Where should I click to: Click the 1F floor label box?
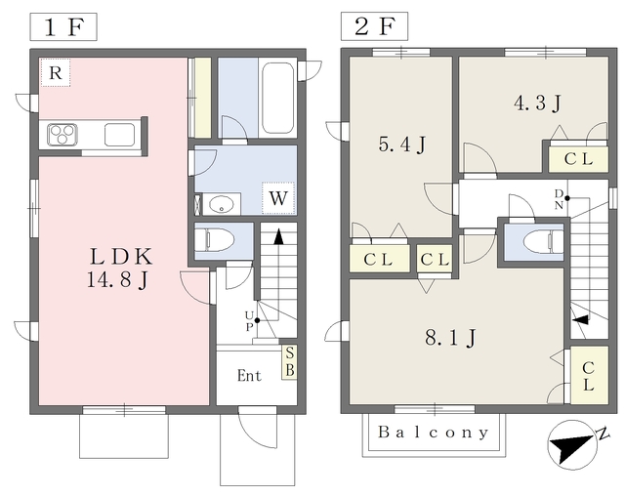pyautogui.click(x=63, y=26)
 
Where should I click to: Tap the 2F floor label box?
pyautogui.click(x=374, y=26)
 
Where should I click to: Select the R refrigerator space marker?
pyautogui.click(x=56, y=72)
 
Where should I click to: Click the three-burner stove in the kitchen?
pyautogui.click(x=62, y=135)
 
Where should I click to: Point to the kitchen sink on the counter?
pyautogui.click(x=119, y=135)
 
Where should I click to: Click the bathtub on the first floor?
pyautogui.click(x=277, y=99)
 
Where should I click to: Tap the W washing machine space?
pyautogui.click(x=278, y=198)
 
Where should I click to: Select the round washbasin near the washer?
pyautogui.click(x=222, y=205)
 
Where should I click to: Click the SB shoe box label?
pyautogui.click(x=290, y=361)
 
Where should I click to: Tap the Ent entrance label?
pyautogui.click(x=250, y=375)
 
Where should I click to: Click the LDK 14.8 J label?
pyautogui.click(x=119, y=268)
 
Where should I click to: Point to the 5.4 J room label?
pyautogui.click(x=401, y=145)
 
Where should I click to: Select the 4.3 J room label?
pyautogui.click(x=537, y=103)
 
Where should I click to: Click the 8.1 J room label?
pyautogui.click(x=450, y=338)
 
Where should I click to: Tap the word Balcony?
pyautogui.click(x=434, y=433)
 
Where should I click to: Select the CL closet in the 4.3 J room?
pyautogui.click(x=578, y=159)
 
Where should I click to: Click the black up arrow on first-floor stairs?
pyautogui.click(x=279, y=236)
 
